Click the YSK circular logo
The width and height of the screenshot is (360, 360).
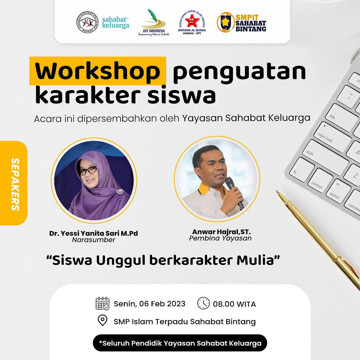(87, 22)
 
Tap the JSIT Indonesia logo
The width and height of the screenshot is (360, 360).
(154, 23)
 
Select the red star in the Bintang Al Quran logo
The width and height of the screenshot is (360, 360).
(192, 21)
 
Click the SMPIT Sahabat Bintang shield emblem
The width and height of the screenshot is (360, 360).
(225, 22)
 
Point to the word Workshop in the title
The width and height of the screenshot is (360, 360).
(97, 71)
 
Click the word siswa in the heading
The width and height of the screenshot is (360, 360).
(182, 95)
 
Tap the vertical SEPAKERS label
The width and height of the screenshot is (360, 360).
(15, 184)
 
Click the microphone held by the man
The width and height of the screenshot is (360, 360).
(234, 192)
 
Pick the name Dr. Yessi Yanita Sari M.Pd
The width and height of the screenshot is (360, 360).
(93, 233)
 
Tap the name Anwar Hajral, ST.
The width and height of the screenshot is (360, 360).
(222, 232)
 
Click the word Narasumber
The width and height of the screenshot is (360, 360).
(93, 240)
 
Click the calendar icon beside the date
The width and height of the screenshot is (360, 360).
(102, 304)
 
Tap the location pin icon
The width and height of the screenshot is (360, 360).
(102, 320)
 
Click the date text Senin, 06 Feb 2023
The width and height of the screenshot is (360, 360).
(149, 304)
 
